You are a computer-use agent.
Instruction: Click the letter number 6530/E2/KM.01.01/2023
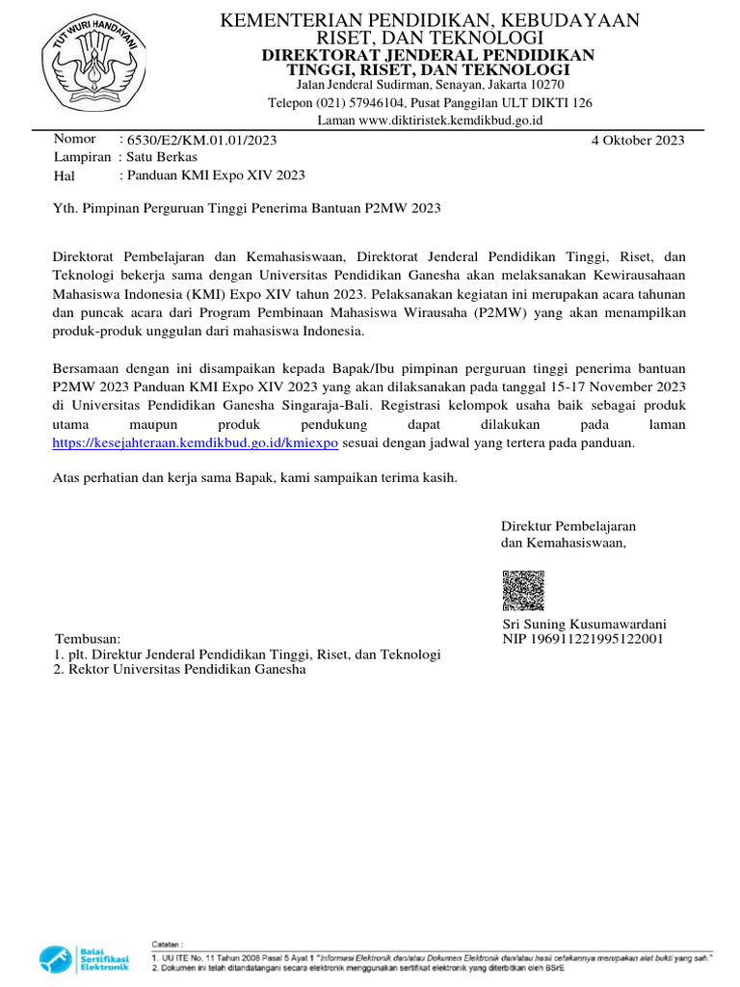tap(198, 140)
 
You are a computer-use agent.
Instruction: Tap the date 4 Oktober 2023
tap(637, 140)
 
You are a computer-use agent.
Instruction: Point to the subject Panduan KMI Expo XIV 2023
tap(212, 175)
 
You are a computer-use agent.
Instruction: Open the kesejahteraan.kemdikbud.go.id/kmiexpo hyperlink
tap(195, 442)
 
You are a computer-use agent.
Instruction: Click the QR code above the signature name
tap(523, 591)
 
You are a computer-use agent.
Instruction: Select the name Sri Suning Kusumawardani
tap(585, 624)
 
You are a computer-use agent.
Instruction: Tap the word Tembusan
tap(87, 639)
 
